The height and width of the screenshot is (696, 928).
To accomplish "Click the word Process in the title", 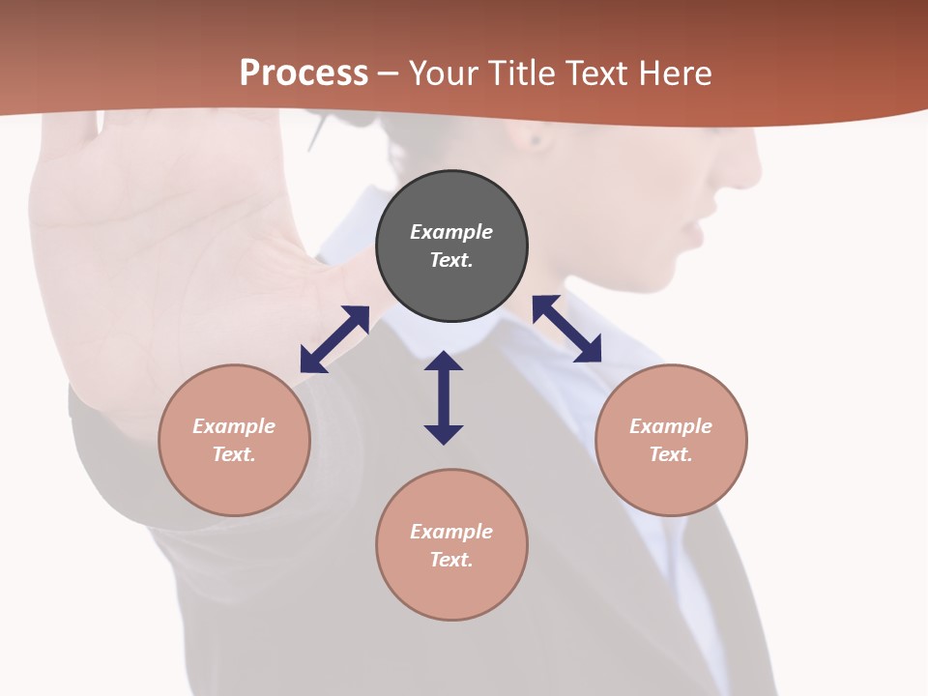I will coord(304,73).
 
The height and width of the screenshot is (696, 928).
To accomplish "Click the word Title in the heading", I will coord(524,73).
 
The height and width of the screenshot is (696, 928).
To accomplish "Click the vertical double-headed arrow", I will coord(444,397).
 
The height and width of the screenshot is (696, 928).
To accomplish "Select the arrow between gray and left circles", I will coord(334,339).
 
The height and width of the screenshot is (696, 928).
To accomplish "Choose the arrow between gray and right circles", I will coord(566,329).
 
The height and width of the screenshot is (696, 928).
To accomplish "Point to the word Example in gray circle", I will coord(451,232).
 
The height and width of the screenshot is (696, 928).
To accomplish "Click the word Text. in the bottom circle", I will coord(451,560).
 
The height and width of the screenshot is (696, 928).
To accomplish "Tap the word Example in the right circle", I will coord(671,426).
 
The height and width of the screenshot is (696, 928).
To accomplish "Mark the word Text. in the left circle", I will coord(234,454).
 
